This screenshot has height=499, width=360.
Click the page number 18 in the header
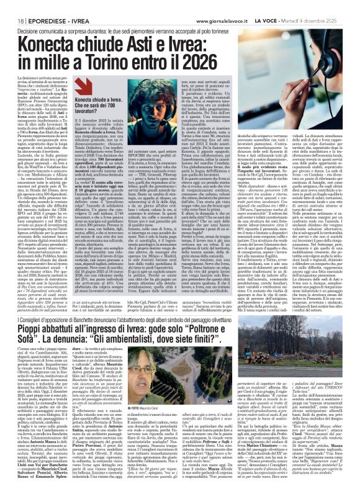tap(12, 6)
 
